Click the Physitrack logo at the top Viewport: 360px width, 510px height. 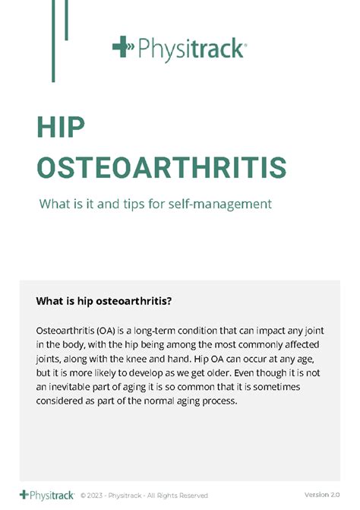(x=179, y=49)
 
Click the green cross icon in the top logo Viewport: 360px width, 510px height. (x=122, y=47)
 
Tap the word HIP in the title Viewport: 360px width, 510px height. (x=60, y=128)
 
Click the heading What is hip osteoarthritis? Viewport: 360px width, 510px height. (x=104, y=301)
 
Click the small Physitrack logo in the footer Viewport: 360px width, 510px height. (x=47, y=495)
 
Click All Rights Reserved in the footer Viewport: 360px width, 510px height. (x=176, y=496)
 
